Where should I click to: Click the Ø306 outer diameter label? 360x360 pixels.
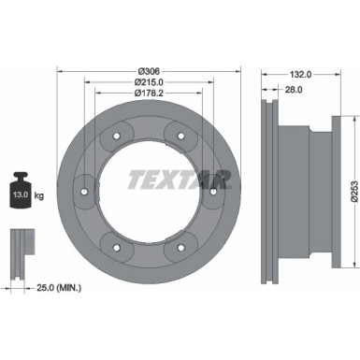(x=148, y=72)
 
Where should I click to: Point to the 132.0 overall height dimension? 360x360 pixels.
(x=299, y=72)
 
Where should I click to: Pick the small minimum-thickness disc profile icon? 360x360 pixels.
(x=22, y=249)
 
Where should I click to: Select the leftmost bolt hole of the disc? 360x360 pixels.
(x=83, y=194)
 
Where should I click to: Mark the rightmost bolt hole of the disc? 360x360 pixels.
(x=213, y=194)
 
